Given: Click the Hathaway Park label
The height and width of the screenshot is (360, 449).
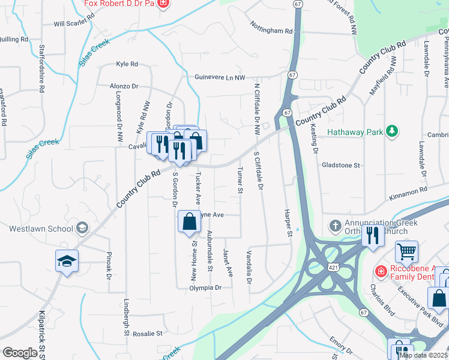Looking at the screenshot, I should pos(355,131).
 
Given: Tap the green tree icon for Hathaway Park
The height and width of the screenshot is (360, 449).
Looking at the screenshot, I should pos(392,130).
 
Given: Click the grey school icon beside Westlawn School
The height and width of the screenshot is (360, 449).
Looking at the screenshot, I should pos(82,228).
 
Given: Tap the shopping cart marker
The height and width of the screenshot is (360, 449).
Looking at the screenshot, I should pos(406,251).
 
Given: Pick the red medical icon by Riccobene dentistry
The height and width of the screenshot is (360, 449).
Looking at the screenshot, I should pos(380,272).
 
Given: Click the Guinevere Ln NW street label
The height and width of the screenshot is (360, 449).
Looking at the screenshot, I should pos(220,77).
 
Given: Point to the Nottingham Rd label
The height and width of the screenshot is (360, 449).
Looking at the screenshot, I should pos(272,31).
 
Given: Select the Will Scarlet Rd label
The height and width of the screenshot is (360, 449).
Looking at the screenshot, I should pos(74,24).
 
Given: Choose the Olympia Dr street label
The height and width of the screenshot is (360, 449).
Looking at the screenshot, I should pos(205,288).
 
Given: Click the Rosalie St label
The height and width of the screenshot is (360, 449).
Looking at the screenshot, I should pos(147,333).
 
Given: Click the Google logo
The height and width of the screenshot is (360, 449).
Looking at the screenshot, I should pos(20,352).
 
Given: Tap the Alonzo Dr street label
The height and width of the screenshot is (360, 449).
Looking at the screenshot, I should pos(124,86).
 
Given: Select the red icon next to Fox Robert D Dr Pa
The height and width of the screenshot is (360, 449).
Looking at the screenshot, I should pos(162,2).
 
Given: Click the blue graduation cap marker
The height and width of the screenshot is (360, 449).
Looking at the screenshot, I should pos(67,260).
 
